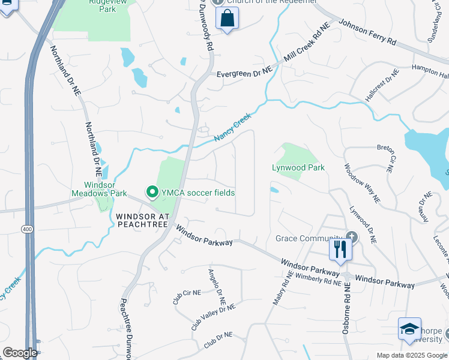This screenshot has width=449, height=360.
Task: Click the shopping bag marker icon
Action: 228,19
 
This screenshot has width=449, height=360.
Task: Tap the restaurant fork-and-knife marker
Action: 340,249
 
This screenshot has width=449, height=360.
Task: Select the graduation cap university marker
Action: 409,329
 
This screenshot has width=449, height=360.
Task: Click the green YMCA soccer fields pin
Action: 152,193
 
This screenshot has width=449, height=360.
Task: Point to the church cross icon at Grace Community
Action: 351,238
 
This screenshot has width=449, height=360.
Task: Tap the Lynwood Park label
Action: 298,167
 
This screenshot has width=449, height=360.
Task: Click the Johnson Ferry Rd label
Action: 368,33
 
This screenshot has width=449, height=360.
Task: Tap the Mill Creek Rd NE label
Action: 307,45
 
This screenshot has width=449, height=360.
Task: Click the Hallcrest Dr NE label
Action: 382,86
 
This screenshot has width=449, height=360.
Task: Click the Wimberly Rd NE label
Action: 318,278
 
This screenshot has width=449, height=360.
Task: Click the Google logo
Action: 20,353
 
